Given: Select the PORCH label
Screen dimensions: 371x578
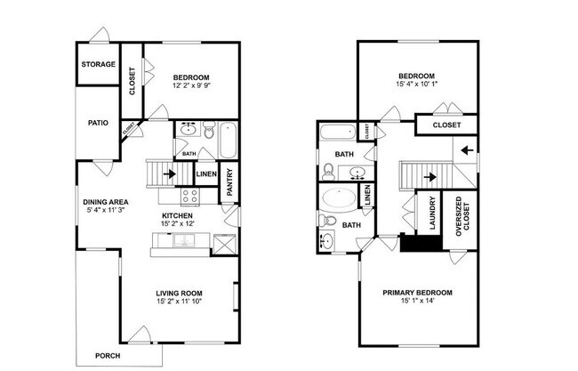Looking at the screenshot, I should [x=108, y=355].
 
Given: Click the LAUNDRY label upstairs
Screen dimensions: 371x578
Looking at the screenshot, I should [x=433, y=214].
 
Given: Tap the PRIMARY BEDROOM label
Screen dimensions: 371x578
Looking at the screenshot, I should [x=417, y=293].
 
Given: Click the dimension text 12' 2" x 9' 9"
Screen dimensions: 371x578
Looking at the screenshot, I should [x=191, y=87].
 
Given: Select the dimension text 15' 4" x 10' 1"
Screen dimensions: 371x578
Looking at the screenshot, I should [x=417, y=85].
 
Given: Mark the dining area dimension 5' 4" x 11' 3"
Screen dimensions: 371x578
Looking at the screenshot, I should [x=108, y=211].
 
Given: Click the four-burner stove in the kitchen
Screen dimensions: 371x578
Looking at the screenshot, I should [x=189, y=196].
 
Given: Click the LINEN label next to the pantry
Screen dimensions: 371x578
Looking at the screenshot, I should [x=205, y=174].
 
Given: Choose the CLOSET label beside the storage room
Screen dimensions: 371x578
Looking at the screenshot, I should [x=132, y=80].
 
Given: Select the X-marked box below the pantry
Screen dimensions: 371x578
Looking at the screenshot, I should [x=226, y=243].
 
